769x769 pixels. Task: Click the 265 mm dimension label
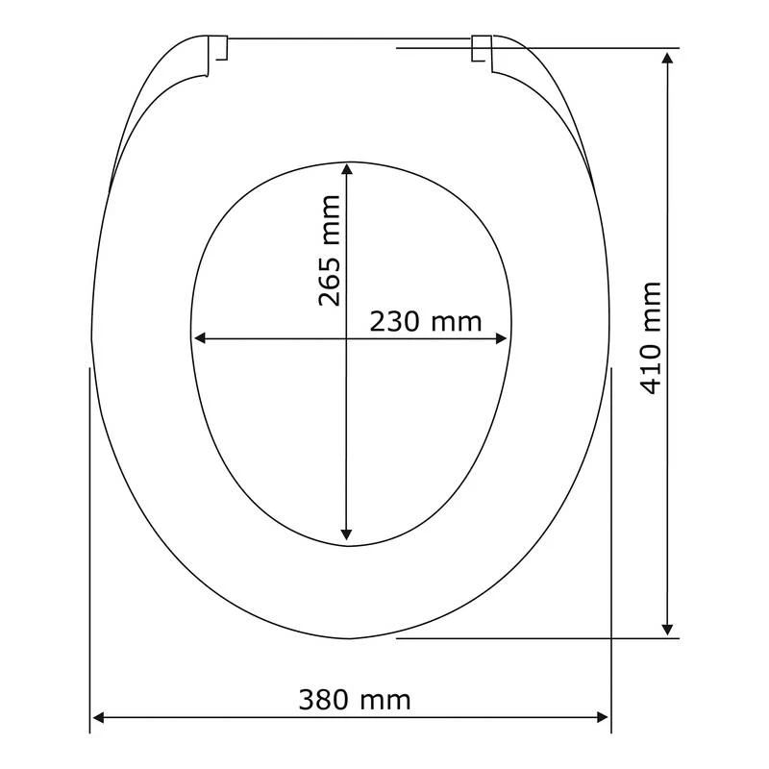(x=329, y=251)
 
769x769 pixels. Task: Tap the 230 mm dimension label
(x=426, y=322)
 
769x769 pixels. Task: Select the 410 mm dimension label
(x=652, y=338)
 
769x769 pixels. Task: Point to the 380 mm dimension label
(x=355, y=700)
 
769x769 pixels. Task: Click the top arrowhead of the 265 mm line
(x=347, y=169)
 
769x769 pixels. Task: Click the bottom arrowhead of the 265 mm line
(x=347, y=534)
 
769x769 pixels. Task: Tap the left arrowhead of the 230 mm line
(x=200, y=338)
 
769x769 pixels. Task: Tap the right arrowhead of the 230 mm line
(x=501, y=338)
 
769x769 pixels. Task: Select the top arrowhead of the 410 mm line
(x=667, y=58)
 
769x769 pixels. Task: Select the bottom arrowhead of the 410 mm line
(x=667, y=630)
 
